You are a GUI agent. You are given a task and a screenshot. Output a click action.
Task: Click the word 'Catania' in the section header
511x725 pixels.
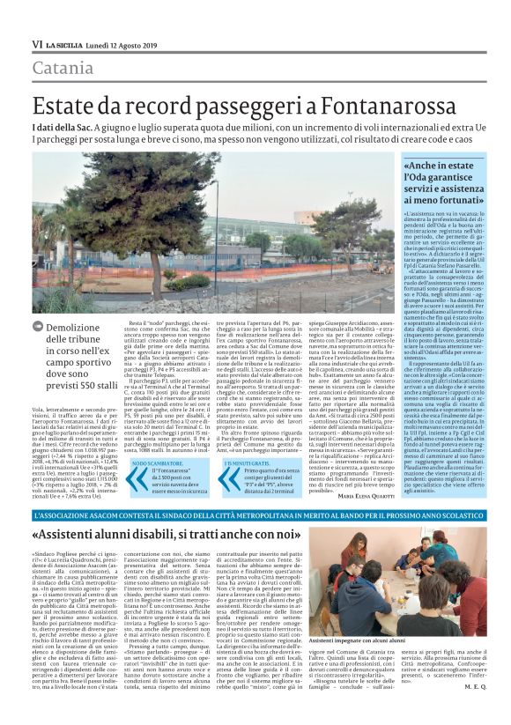tap(63, 68)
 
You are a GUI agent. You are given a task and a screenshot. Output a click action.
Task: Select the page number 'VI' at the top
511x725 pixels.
tap(37, 44)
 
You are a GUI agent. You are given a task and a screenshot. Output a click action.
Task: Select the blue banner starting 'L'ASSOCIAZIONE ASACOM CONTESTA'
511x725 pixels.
tap(255, 514)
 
